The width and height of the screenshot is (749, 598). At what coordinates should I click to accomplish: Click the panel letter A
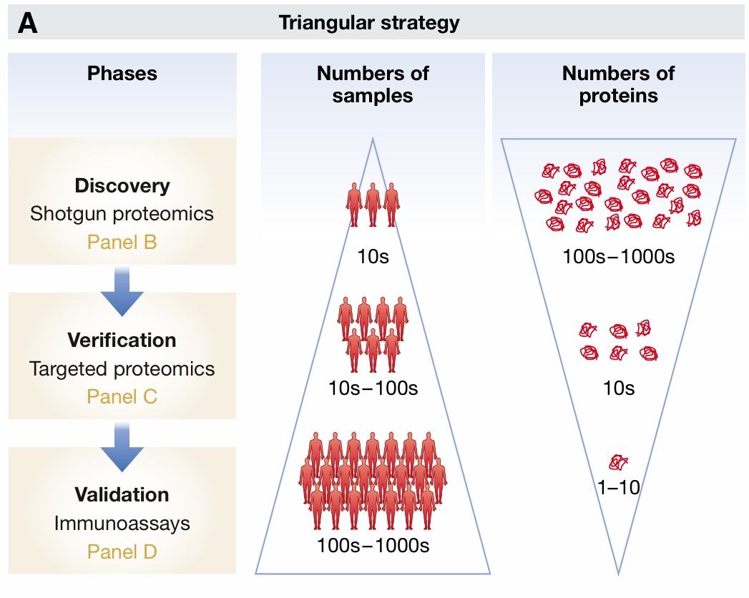point(28,23)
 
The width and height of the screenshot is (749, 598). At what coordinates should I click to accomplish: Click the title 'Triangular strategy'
point(368,23)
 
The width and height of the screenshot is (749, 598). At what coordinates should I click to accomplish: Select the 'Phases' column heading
point(122,73)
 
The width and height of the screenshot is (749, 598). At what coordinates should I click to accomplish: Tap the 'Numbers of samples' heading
point(373,84)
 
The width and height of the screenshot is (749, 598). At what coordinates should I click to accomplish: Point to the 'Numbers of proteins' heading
point(618,84)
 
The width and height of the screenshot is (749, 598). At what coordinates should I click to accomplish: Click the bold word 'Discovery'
point(122,186)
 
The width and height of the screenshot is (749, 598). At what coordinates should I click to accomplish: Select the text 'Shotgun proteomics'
point(122,214)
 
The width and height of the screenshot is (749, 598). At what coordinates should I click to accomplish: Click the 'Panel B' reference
point(122,242)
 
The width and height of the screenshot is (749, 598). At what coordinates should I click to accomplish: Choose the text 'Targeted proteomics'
point(122,369)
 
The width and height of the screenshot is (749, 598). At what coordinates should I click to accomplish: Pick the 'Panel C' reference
point(122,396)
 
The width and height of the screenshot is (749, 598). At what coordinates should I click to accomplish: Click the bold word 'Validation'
point(122,494)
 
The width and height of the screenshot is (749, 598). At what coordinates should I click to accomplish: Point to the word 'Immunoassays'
point(122,523)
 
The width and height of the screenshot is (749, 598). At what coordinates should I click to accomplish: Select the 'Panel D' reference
point(122,552)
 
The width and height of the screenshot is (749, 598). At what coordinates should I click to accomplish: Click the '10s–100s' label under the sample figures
point(373,389)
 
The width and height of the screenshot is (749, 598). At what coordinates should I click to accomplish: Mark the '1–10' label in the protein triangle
point(618,488)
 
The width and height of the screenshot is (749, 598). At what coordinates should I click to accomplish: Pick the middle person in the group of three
point(373,205)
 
